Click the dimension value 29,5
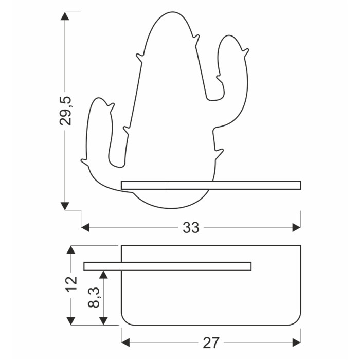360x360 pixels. pos(66,111)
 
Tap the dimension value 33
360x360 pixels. pos(191,228)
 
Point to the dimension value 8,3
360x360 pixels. pos(94,297)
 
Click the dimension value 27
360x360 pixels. pos(211,343)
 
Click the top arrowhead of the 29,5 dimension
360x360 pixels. pos(65,16)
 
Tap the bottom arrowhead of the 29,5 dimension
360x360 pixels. pos(65,206)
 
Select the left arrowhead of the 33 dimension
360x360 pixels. pos(85,227)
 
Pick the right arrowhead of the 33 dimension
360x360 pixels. pos(296,227)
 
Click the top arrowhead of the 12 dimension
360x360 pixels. pos(71,249)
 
